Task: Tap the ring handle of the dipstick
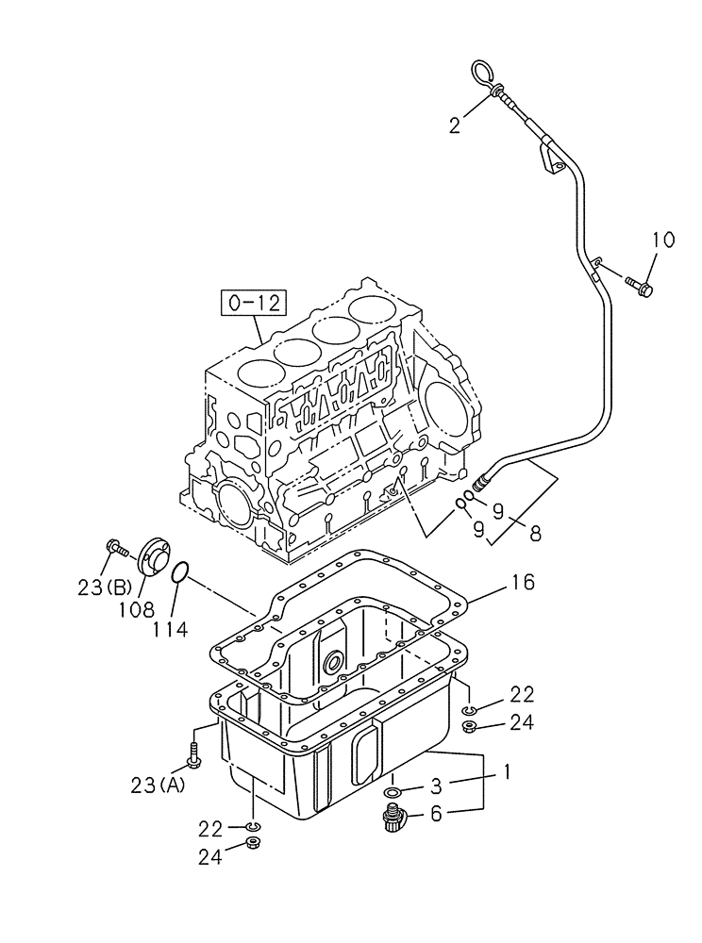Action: tap(481, 72)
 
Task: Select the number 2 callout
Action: tap(455, 124)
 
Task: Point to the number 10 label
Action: tap(662, 240)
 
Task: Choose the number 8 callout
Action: tap(535, 533)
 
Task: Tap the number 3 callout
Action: tap(437, 785)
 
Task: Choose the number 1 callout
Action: tap(507, 772)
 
